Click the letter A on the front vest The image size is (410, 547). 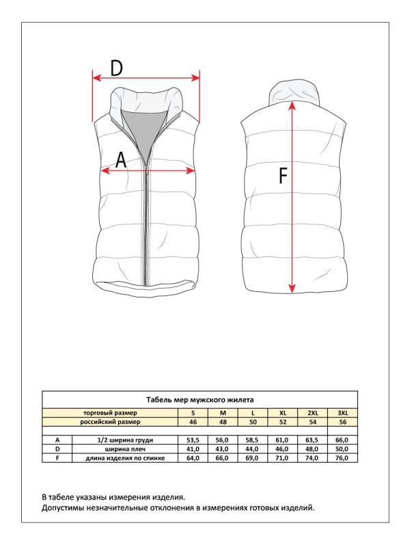(120, 161)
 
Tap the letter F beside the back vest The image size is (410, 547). (282, 177)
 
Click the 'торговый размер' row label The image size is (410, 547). (109, 413)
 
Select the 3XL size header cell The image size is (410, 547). (343, 413)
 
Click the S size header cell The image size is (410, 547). (193, 413)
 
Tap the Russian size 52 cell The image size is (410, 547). (283, 422)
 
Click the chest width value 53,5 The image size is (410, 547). (193, 440)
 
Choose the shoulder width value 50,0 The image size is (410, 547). (343, 449)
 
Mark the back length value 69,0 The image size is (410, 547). (252, 457)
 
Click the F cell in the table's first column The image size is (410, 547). (57, 457)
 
